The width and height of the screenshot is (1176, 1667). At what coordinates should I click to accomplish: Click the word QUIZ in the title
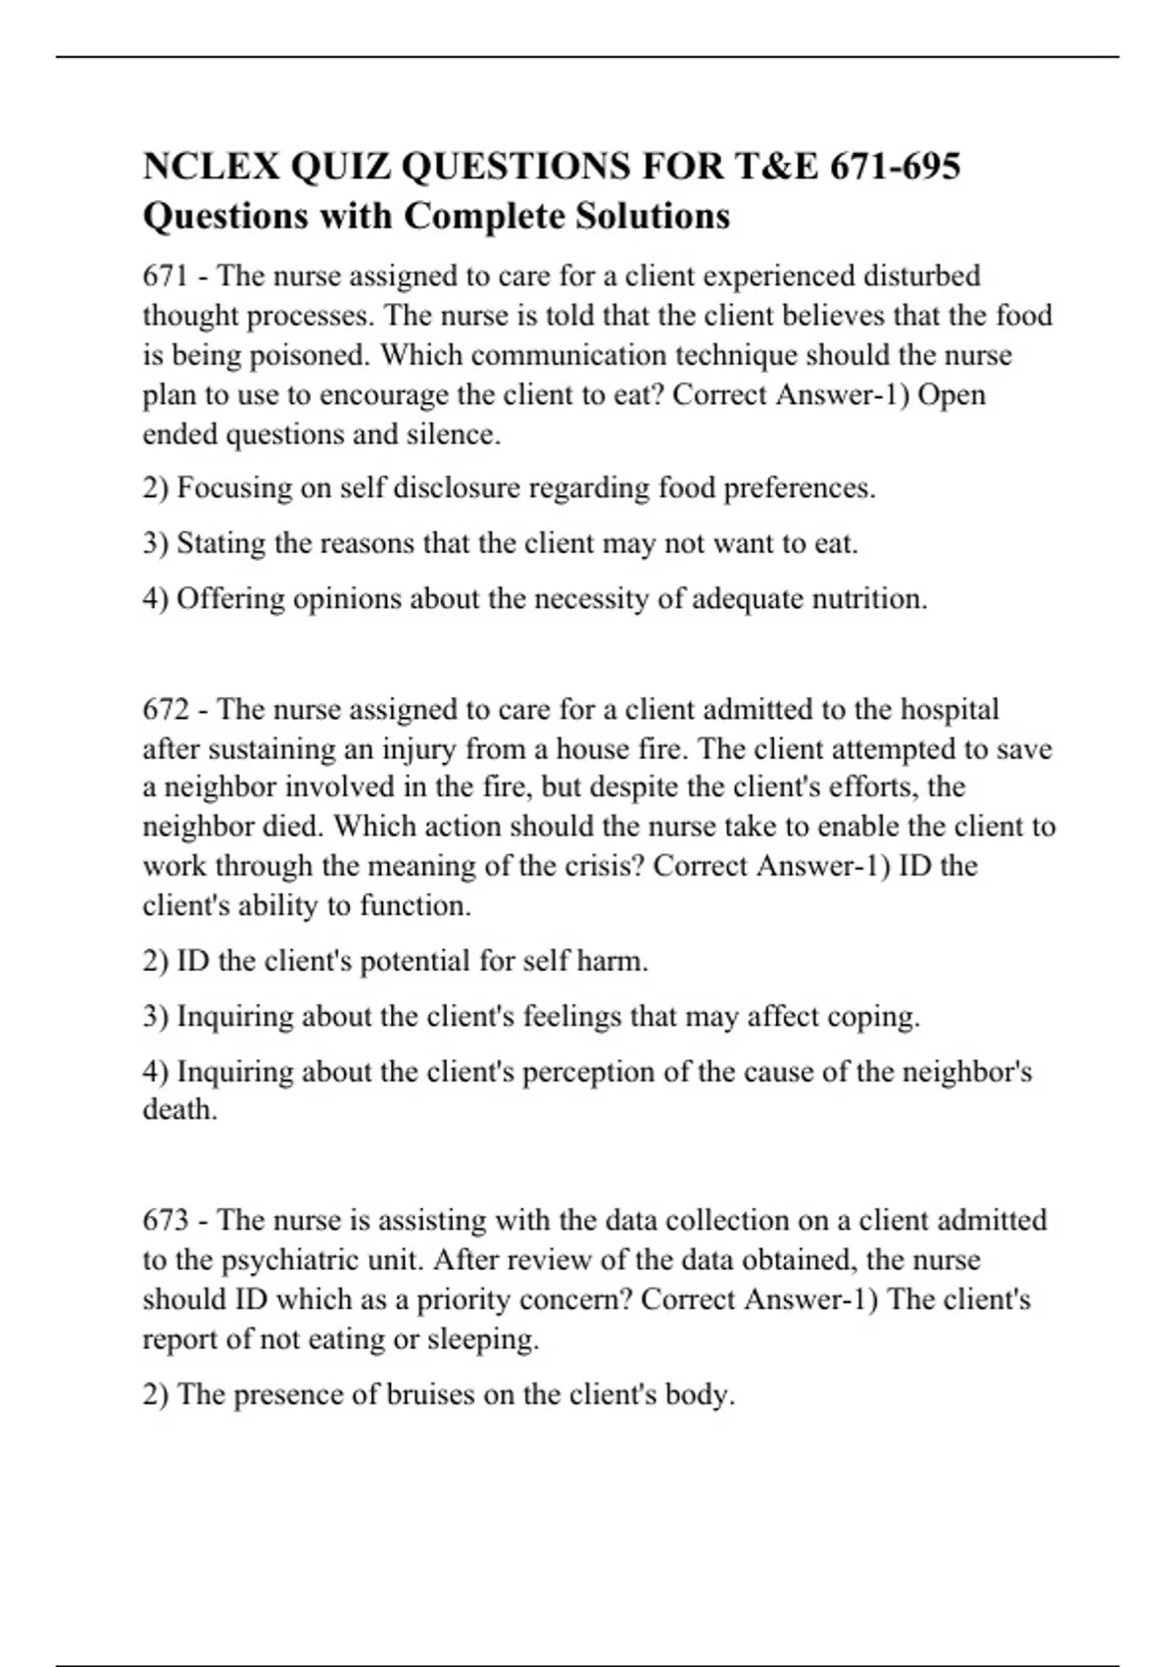coord(339,167)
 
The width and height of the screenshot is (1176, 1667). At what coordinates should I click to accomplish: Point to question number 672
coord(166,709)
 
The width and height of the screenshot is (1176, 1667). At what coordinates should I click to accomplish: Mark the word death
coord(179,1110)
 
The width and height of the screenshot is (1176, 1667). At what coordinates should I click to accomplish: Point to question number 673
coord(166,1221)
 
